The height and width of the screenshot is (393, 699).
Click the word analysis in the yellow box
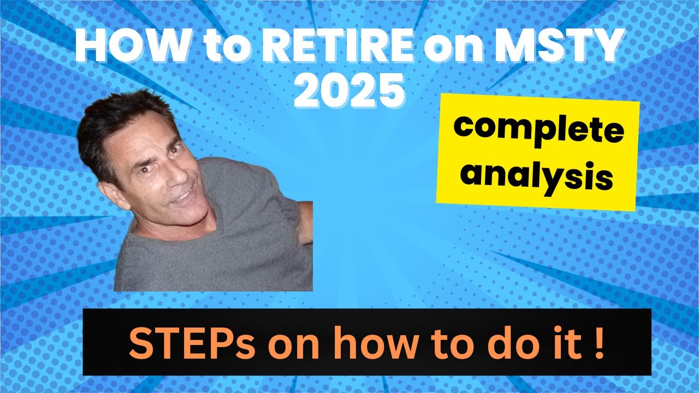click(x=538, y=174)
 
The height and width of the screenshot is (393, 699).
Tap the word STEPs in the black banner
click(x=177, y=344)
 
